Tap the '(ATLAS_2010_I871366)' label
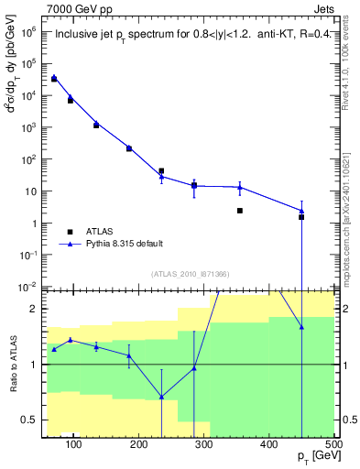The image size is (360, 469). pyautogui.click(x=190, y=274)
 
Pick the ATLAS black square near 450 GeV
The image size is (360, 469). pyautogui.click(x=301, y=217)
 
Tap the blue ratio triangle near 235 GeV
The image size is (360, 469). pyautogui.click(x=162, y=397)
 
